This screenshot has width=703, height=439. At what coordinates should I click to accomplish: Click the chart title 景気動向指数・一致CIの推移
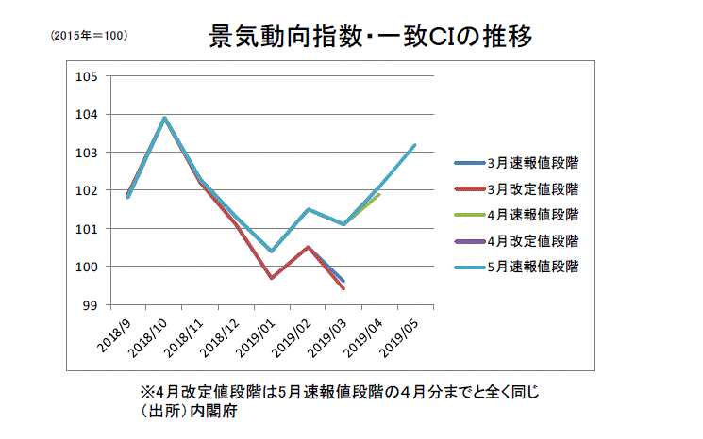click(371, 38)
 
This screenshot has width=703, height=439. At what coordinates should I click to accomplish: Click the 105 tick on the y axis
click(86, 76)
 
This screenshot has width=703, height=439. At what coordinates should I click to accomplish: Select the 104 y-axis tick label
click(86, 115)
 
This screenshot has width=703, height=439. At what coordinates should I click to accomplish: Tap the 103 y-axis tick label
click(86, 153)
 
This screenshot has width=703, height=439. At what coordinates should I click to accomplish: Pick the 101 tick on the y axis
click(86, 229)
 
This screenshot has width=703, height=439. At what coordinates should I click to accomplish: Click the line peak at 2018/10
click(164, 118)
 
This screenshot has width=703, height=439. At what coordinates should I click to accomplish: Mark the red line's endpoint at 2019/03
click(343, 288)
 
